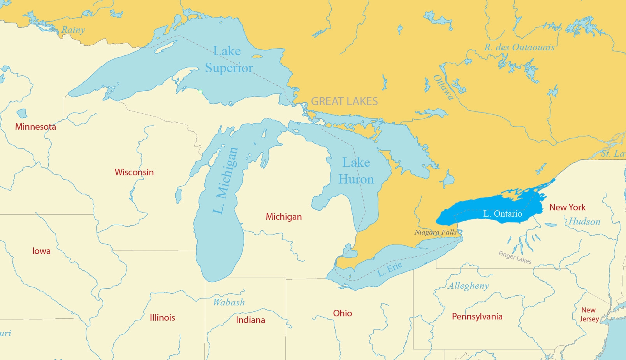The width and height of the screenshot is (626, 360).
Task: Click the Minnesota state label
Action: [35, 127]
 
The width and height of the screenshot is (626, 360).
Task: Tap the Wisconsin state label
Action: [134, 172]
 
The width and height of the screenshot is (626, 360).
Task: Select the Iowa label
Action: [41, 251]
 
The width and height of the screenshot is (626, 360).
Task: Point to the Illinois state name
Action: [162, 318]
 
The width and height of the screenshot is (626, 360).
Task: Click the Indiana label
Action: [250, 320]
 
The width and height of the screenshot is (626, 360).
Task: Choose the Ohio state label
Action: [342, 313]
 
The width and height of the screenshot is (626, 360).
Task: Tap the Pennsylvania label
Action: [477, 316]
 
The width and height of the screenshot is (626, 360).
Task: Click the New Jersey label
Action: [589, 314]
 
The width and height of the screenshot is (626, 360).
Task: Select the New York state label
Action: [567, 207]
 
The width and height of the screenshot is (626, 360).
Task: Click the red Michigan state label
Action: [283, 217]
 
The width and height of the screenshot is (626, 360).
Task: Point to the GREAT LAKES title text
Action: [344, 101]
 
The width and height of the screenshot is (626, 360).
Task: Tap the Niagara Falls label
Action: [435, 232]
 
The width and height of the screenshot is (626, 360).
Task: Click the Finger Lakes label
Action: [515, 257]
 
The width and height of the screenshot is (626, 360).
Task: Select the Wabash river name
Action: [229, 302]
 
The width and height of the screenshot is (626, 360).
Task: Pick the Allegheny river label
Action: [468, 286]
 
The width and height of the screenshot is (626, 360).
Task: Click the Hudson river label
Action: [584, 222]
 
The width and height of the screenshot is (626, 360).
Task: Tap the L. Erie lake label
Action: [390, 269]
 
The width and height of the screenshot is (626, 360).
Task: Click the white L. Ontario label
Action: [502, 214]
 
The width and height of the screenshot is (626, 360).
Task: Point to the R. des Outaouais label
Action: [519, 48]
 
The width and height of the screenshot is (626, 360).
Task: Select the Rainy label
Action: [73, 30]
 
